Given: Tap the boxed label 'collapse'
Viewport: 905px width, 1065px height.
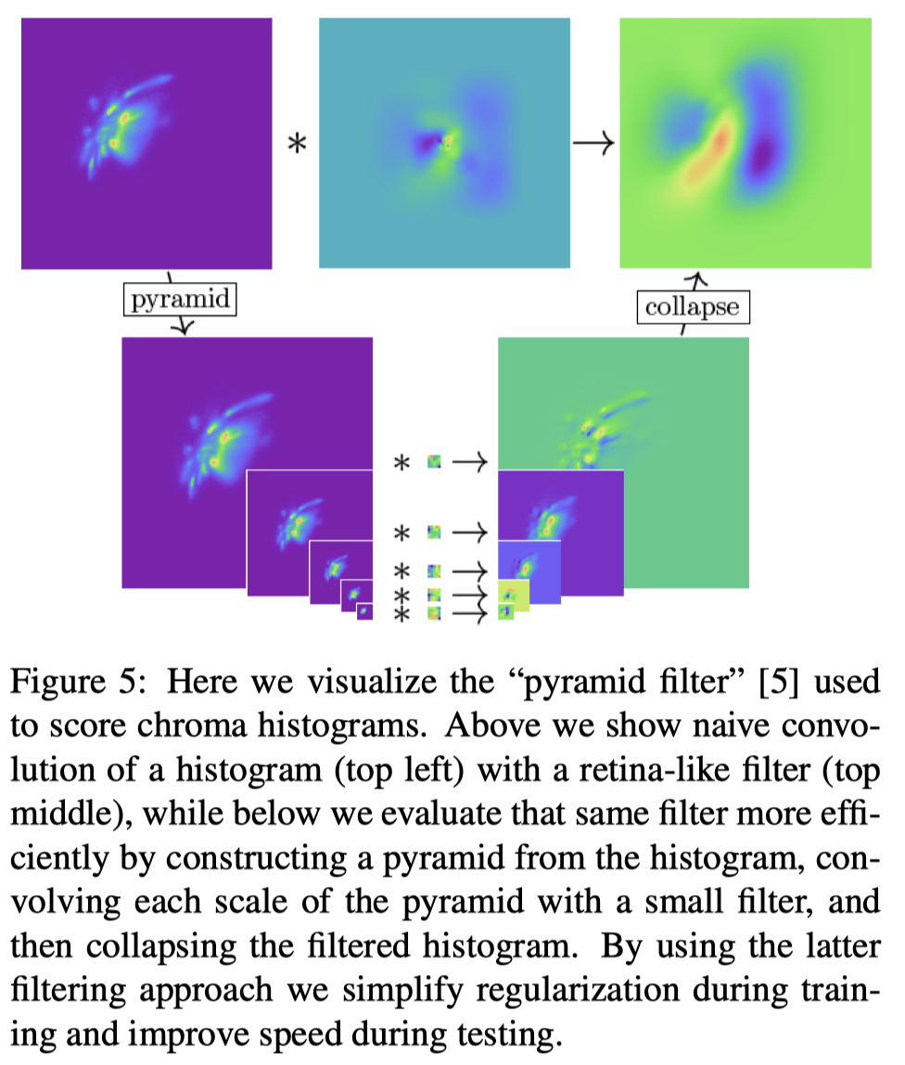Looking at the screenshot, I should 693,306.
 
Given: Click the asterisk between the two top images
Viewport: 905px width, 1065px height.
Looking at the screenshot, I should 298,145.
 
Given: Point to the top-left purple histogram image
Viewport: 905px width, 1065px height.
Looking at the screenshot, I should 147,144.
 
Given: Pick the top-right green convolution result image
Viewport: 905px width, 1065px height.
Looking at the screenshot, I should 746,144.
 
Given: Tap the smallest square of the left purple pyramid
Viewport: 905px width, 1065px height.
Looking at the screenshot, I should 364,612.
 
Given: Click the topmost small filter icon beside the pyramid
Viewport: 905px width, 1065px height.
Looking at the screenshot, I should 433,461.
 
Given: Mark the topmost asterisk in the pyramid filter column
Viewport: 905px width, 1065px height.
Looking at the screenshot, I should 402,463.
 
